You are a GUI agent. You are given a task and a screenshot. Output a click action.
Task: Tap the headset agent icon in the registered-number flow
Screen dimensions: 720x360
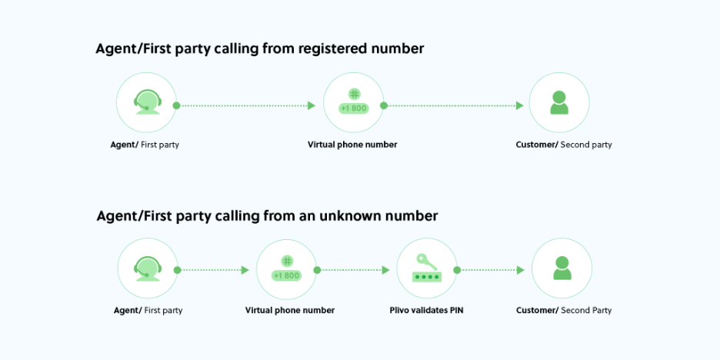[x=147, y=102]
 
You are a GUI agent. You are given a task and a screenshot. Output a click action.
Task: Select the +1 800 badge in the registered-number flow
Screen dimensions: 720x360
[x=354, y=108]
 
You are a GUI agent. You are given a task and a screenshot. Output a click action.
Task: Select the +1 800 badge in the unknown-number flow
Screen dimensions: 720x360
[x=286, y=275]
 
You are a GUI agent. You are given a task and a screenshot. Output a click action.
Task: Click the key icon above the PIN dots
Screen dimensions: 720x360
[x=427, y=262]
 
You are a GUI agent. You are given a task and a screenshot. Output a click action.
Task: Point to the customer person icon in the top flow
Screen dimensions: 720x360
[x=559, y=102]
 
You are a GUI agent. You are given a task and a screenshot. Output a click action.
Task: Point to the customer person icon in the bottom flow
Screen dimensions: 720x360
[x=562, y=268]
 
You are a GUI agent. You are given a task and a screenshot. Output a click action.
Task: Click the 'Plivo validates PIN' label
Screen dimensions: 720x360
[x=427, y=311]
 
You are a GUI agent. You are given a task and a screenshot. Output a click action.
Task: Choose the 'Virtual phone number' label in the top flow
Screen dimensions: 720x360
[x=352, y=145]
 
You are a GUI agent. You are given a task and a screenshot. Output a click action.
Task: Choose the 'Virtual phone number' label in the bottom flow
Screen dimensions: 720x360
[x=290, y=311]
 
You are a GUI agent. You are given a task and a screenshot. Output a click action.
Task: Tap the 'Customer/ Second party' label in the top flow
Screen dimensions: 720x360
[x=564, y=145]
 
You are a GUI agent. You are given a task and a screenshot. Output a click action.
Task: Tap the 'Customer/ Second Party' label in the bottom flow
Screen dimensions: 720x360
[x=564, y=311]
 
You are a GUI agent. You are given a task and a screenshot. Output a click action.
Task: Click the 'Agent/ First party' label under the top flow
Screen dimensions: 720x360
[x=145, y=145]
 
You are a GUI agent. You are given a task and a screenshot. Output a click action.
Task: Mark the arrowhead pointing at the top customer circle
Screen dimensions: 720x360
[x=519, y=105]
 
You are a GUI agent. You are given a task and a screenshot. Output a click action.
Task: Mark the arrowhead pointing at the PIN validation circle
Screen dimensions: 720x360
[x=385, y=270]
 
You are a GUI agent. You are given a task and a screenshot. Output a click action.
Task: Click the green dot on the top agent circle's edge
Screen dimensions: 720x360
[x=176, y=105]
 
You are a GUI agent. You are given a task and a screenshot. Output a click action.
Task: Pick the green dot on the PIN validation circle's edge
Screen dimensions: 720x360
[x=457, y=270]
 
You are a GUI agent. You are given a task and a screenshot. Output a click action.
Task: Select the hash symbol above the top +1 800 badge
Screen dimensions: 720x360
[x=354, y=94]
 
